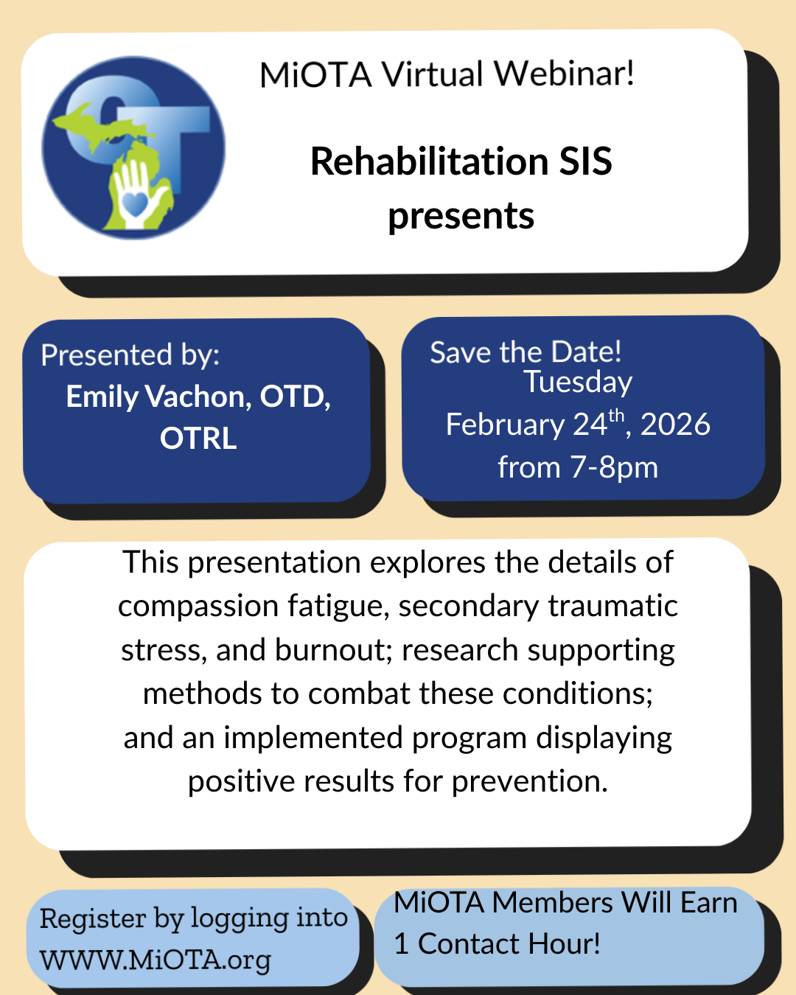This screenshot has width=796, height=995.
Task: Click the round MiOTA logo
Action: (133, 147)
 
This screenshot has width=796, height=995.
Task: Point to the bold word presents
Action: (461, 217)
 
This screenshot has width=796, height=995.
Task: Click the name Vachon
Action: (198, 397)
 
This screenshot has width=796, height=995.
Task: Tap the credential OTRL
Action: (198, 439)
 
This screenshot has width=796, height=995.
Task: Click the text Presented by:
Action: (130, 355)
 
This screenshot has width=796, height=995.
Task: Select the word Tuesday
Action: (578, 383)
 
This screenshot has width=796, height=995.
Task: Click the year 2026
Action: (675, 424)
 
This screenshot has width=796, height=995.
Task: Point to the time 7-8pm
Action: (614, 468)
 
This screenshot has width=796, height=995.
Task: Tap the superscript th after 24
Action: (616, 416)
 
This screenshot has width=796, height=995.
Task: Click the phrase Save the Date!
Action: (526, 352)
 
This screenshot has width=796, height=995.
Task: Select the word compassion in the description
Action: (198, 606)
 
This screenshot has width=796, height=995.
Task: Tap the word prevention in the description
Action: (530, 781)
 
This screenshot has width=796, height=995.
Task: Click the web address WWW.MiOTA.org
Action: (156, 960)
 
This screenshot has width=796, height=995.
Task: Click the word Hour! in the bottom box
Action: (564, 943)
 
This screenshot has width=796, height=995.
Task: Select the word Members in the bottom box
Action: (552, 902)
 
